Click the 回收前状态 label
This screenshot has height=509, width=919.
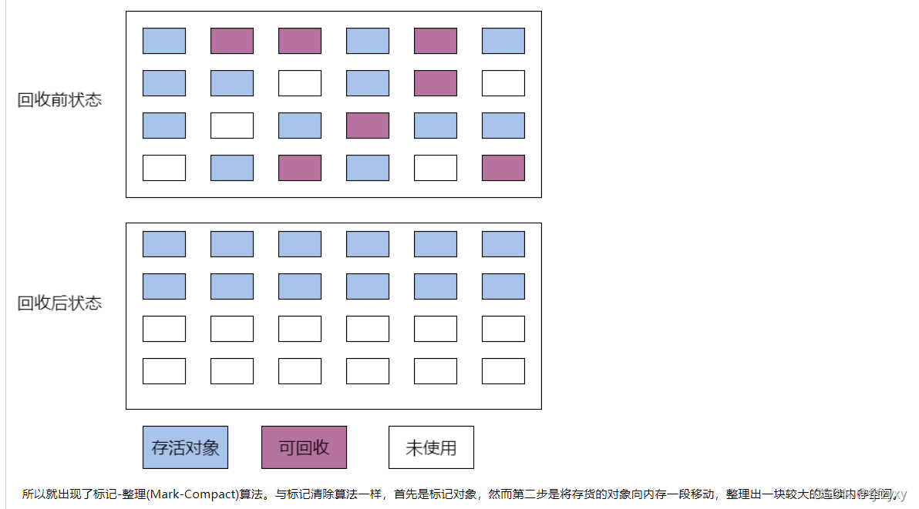click(59, 100)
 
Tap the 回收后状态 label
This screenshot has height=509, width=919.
click(59, 303)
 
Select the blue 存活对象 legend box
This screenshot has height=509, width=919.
click(185, 447)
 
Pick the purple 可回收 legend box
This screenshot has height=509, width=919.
click(304, 447)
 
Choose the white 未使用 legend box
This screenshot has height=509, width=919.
click(431, 447)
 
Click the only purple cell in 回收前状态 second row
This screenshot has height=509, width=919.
click(436, 83)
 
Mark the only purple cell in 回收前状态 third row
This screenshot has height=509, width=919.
click(368, 126)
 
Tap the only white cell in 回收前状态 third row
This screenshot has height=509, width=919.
click(232, 126)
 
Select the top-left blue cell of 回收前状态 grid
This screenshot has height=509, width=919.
click(164, 41)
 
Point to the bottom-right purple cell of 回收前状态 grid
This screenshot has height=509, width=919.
click(503, 168)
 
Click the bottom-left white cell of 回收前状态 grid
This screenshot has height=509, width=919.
click(164, 168)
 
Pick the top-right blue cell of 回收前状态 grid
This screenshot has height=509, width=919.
click(503, 41)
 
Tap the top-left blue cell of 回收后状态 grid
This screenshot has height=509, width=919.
click(164, 244)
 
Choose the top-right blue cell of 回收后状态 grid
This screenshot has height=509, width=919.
click(503, 244)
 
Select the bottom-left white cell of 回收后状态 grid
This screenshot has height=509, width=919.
click(164, 371)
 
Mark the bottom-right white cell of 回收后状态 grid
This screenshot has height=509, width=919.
click(503, 371)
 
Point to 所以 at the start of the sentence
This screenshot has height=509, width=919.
click(32, 494)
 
